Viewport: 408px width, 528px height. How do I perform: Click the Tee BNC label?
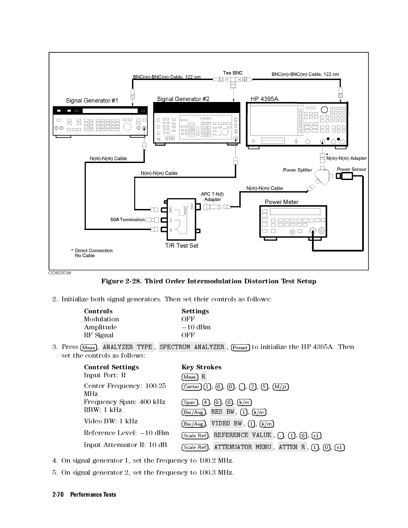tap(233, 73)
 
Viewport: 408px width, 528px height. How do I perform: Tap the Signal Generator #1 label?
tap(92, 100)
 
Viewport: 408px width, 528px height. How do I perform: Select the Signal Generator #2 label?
tap(183, 99)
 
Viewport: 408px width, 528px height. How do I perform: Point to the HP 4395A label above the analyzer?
tap(264, 99)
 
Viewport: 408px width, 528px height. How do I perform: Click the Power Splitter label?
tap(297, 170)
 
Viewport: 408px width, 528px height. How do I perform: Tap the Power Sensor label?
tap(351, 169)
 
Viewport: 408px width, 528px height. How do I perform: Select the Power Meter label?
tap(281, 202)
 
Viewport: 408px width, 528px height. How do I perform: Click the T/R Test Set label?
tap(182, 246)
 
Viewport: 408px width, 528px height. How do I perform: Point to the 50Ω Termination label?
tap(127, 220)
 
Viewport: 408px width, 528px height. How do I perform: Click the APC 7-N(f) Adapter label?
tap(212, 197)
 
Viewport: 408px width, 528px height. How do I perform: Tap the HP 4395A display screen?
tap(274, 120)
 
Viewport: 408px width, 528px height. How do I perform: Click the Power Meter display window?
tap(295, 212)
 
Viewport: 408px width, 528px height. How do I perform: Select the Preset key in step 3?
tap(240, 347)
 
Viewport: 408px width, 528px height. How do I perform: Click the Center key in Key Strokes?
tap(192, 387)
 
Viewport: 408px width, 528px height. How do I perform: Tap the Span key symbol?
tap(189, 402)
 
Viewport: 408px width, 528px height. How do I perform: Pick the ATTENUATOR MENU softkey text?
tap(242, 447)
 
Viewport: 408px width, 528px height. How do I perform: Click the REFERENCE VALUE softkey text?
tap(242, 435)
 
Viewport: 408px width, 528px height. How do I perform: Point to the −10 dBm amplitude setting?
tap(196, 327)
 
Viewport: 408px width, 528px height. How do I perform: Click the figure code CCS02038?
tap(60, 273)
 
